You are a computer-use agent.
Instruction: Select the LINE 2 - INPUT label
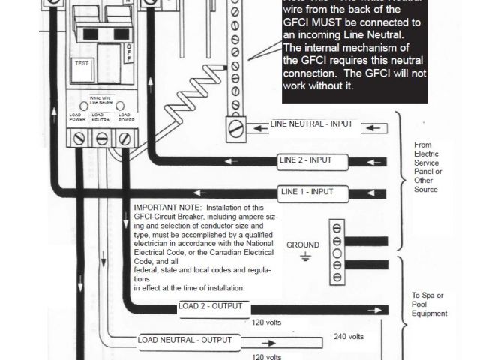click(304, 160)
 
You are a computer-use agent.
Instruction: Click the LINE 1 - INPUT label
click(307, 191)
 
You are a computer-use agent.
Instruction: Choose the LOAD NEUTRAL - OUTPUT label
click(184, 340)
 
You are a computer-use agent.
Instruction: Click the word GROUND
click(303, 244)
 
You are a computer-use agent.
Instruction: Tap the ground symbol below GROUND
click(305, 258)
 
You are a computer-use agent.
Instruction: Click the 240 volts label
click(349, 337)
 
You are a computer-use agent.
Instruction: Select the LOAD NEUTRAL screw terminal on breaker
click(101, 138)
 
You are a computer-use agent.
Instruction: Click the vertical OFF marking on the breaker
click(129, 55)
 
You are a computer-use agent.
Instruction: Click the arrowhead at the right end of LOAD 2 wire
click(385, 310)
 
